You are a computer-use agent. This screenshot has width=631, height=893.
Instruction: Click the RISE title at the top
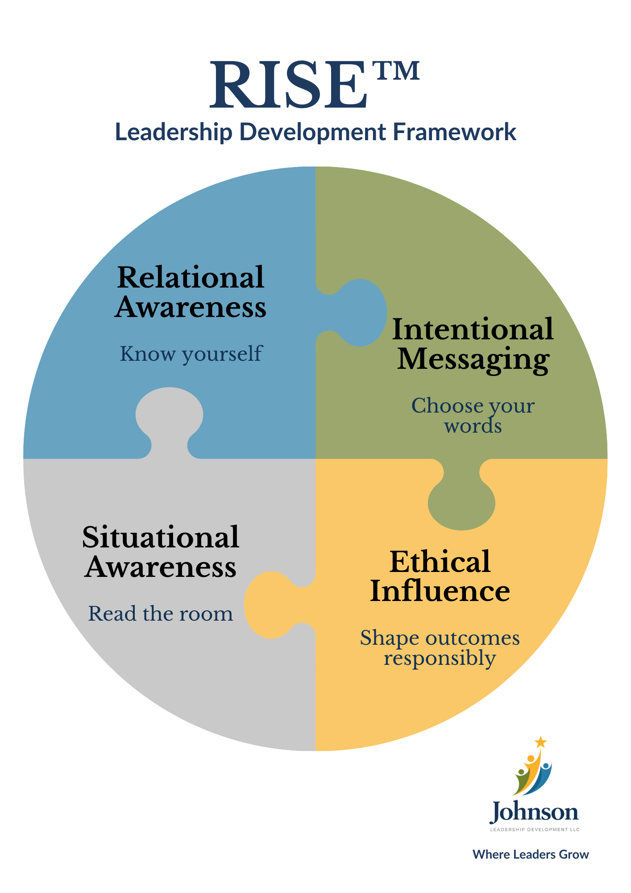tap(288, 85)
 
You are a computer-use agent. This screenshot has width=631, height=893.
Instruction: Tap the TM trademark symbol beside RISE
tap(397, 71)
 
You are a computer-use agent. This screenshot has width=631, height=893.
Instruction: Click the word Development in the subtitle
tap(312, 132)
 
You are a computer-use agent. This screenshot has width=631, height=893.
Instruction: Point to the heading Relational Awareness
tap(191, 292)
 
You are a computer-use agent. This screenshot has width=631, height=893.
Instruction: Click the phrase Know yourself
tap(191, 354)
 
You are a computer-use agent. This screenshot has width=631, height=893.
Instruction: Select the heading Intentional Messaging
tap(473, 344)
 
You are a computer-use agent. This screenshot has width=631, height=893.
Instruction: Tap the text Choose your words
tap(473, 415)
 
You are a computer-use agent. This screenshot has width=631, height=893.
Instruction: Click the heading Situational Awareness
tap(161, 552)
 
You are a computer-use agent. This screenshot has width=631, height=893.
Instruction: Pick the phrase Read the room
tap(161, 613)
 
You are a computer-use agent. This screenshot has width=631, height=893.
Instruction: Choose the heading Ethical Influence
tap(440, 576)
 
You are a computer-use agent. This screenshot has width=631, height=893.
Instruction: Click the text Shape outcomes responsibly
tap(440, 647)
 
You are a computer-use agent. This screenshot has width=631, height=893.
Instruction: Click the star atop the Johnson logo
tap(541, 742)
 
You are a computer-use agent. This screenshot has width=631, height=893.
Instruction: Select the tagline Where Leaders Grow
tap(531, 854)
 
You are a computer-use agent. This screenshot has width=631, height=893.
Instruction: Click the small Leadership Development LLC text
tap(535, 830)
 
